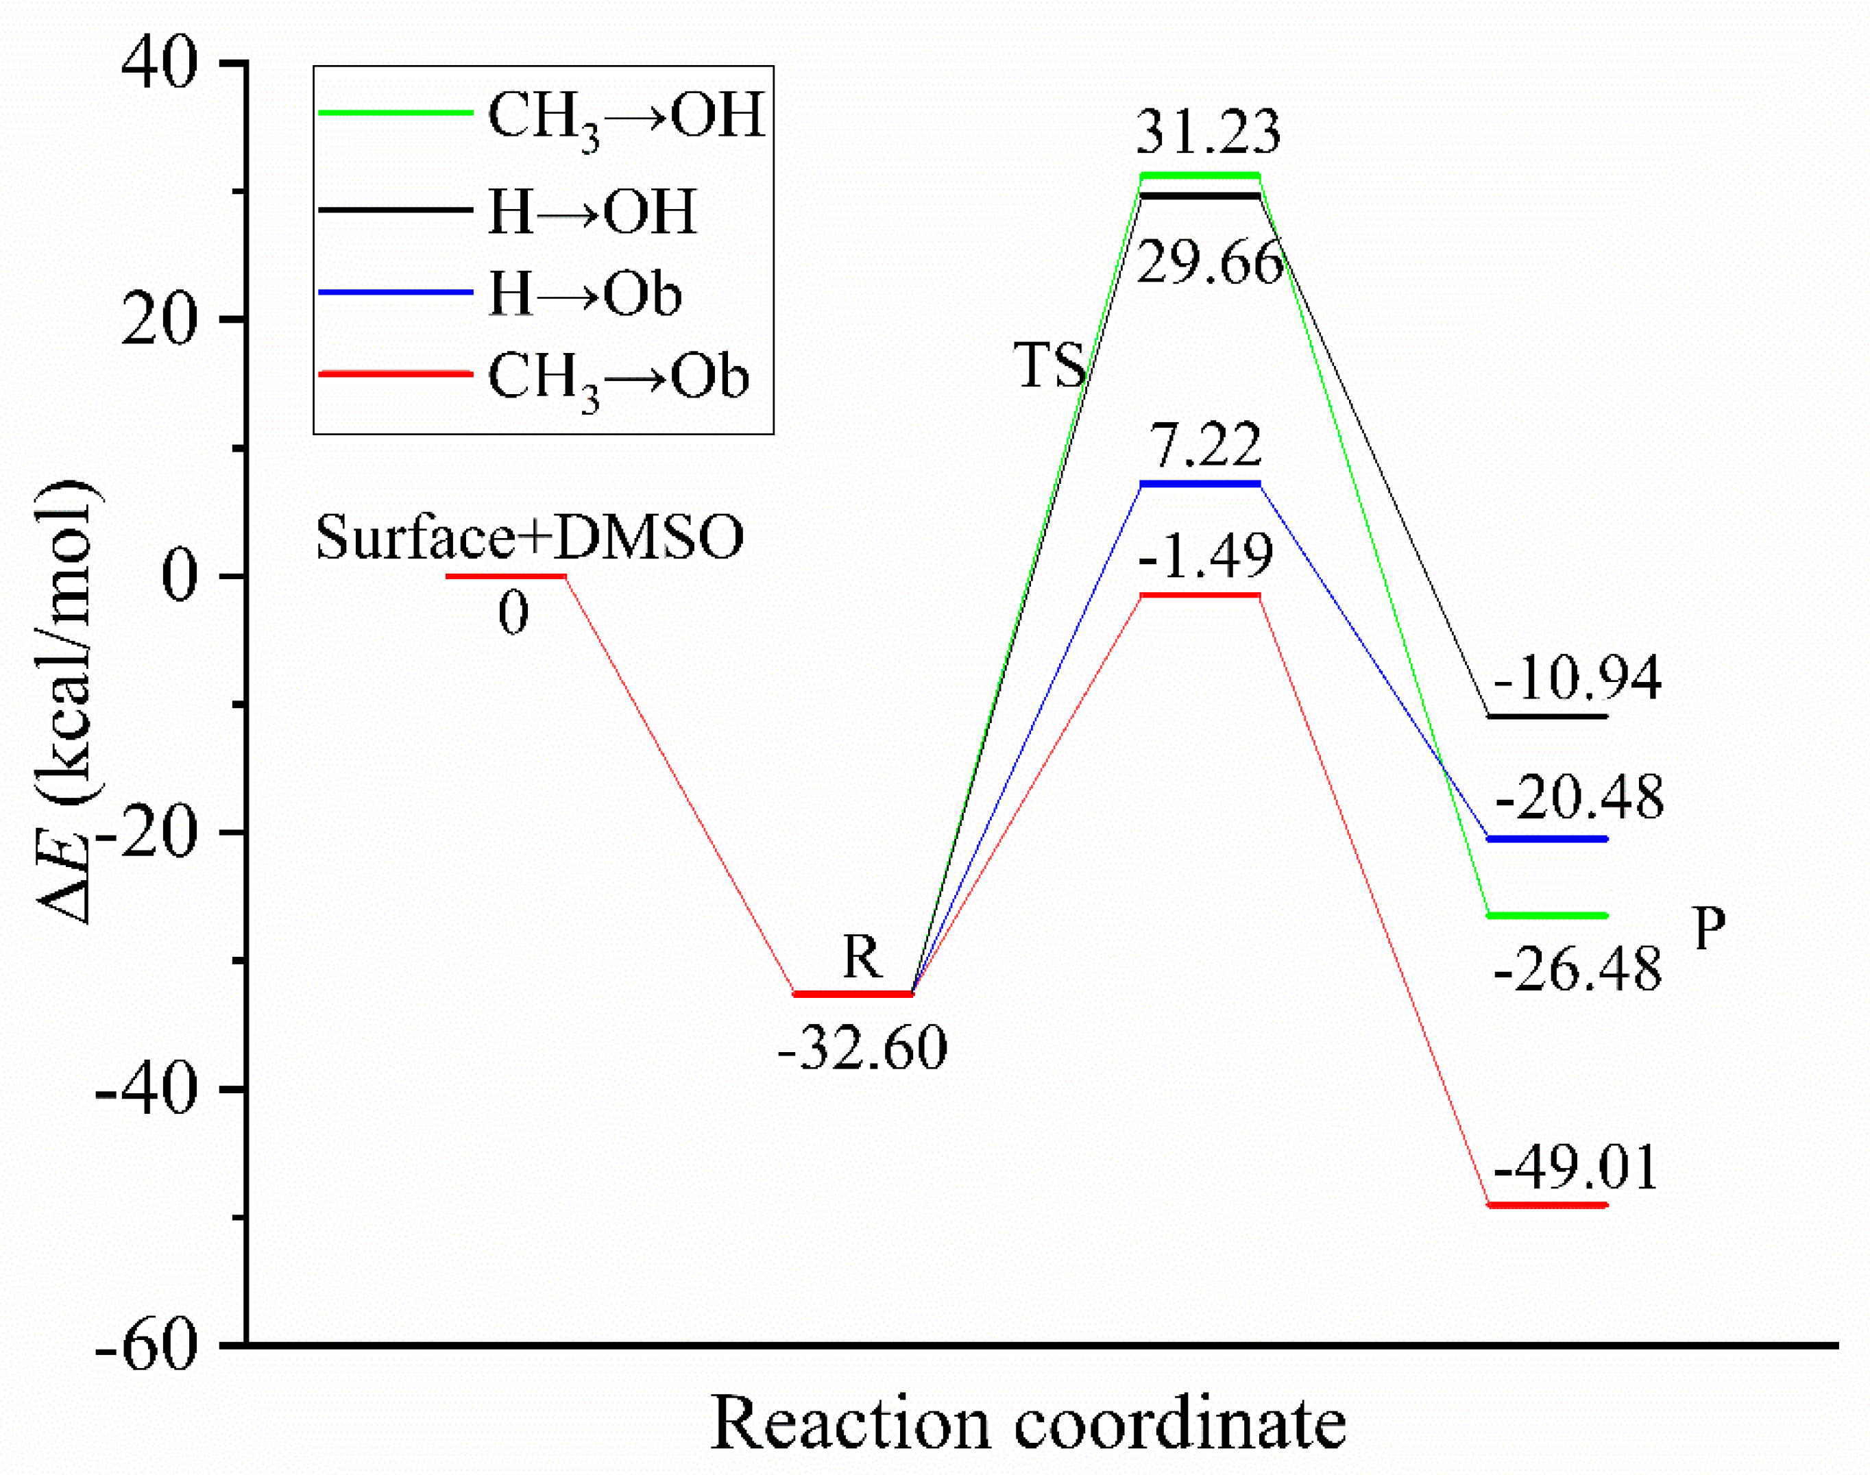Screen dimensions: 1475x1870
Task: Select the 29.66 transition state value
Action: click(1209, 263)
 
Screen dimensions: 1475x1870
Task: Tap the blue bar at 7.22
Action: click(1200, 484)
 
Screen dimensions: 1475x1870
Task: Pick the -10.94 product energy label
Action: click(1577, 678)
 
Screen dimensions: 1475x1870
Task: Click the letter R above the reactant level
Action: click(862, 957)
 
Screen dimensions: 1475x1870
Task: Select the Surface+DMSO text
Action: click(529, 537)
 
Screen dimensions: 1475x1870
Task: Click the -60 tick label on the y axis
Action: click(147, 1346)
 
